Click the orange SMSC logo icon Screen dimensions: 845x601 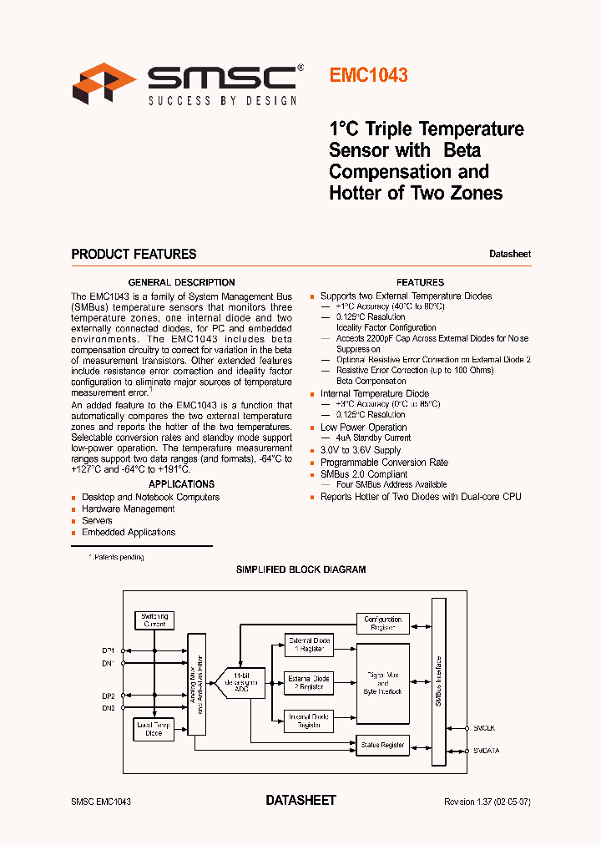pos(104,83)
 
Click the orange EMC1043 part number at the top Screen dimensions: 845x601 pos(368,75)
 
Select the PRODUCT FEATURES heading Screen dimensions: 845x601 pos(134,254)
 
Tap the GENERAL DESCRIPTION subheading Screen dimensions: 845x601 pos(181,282)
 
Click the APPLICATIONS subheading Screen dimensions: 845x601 pos(181,484)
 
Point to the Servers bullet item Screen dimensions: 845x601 pos(97,520)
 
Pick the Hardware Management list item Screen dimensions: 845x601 pos(128,509)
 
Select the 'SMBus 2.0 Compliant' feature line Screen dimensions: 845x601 pos(364,474)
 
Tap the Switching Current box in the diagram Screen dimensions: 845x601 pos(154,620)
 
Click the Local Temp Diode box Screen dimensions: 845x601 pos(154,730)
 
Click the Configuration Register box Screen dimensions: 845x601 pos(382,624)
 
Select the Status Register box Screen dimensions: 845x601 pos(382,745)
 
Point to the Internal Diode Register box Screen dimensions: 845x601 pos(308,721)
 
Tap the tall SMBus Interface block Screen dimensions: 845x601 pos(438,681)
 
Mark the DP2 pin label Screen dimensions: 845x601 pos(109,696)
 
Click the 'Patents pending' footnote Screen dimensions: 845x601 pos(117,557)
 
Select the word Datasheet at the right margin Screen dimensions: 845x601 pos(509,254)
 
